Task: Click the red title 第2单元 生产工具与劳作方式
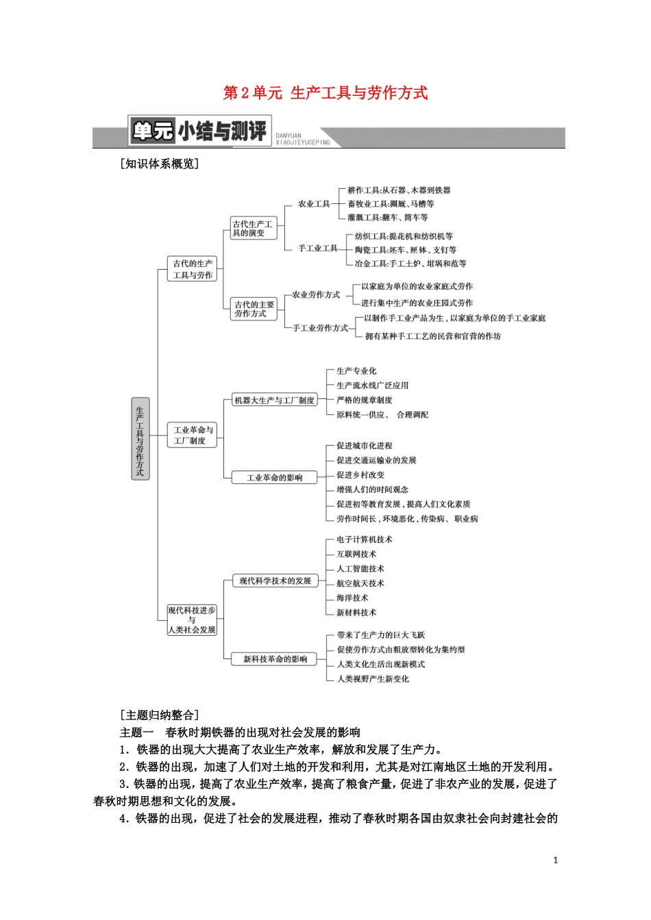pos(325,93)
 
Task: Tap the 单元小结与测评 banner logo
pos(199,131)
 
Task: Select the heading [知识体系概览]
pos(159,164)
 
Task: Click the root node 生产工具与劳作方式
pos(140,438)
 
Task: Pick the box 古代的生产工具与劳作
pos(193,269)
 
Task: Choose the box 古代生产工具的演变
pos(251,229)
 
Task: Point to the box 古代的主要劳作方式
pos(254,309)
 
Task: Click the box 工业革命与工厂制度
pos(193,435)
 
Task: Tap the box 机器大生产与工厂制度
pos(274,400)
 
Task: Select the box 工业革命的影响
pos(274,478)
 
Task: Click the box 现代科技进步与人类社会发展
pos(192,619)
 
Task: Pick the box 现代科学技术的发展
pos(275,581)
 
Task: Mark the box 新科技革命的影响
pos(275,659)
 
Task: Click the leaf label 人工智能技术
pos(360,569)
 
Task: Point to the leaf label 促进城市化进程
pos(365,446)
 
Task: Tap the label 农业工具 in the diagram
pos(314,204)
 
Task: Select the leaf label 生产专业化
pos(356,371)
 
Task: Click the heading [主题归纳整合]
pos(159,715)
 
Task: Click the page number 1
pos(556,860)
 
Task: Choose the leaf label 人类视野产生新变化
pos(373,679)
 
